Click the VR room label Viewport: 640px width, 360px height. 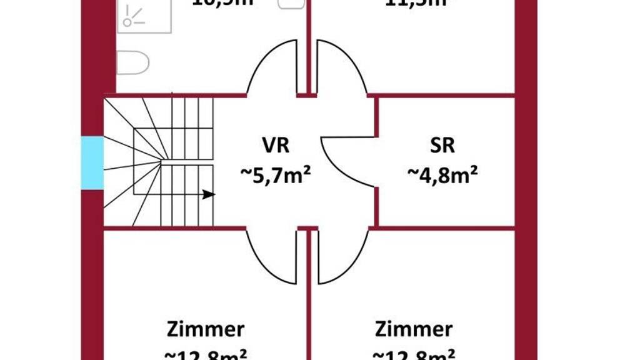coord(275,145)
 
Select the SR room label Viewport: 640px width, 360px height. coord(442,145)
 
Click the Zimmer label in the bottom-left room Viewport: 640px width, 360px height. coord(206,329)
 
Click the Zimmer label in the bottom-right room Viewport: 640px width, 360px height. coord(414,329)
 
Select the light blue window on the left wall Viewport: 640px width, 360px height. coord(92,163)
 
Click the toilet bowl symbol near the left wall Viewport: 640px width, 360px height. coord(133,62)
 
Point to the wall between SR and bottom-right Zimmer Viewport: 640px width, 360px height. coord(444,229)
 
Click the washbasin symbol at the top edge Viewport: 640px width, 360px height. coord(290,4)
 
